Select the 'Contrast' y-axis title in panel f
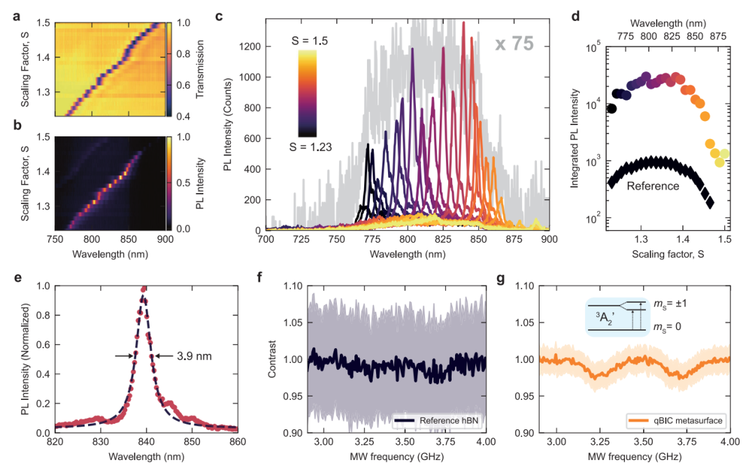[x=273, y=359]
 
